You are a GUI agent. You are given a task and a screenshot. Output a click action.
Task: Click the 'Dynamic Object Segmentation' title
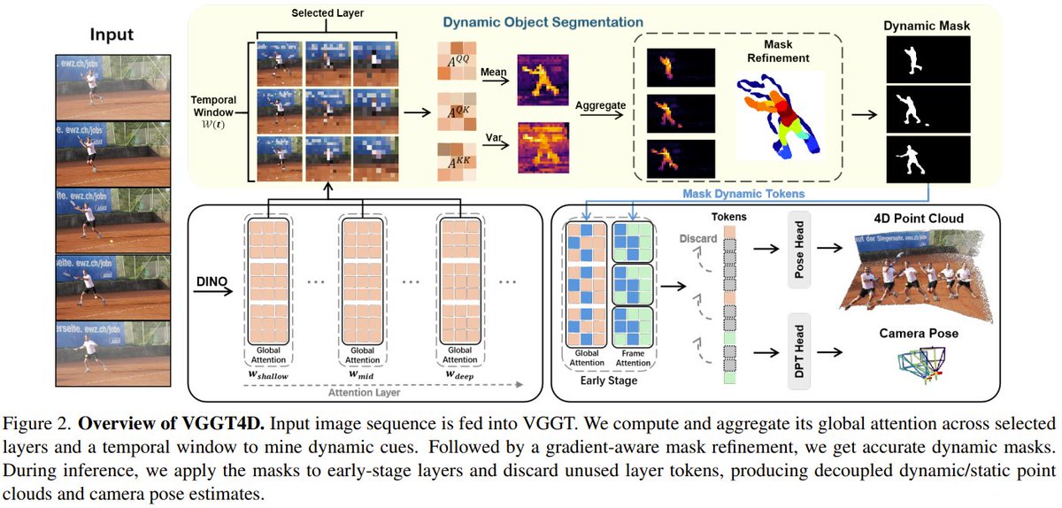543,20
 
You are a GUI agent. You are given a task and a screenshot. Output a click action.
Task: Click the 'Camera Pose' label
919,334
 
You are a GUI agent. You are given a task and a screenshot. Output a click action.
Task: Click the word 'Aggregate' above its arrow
601,104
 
